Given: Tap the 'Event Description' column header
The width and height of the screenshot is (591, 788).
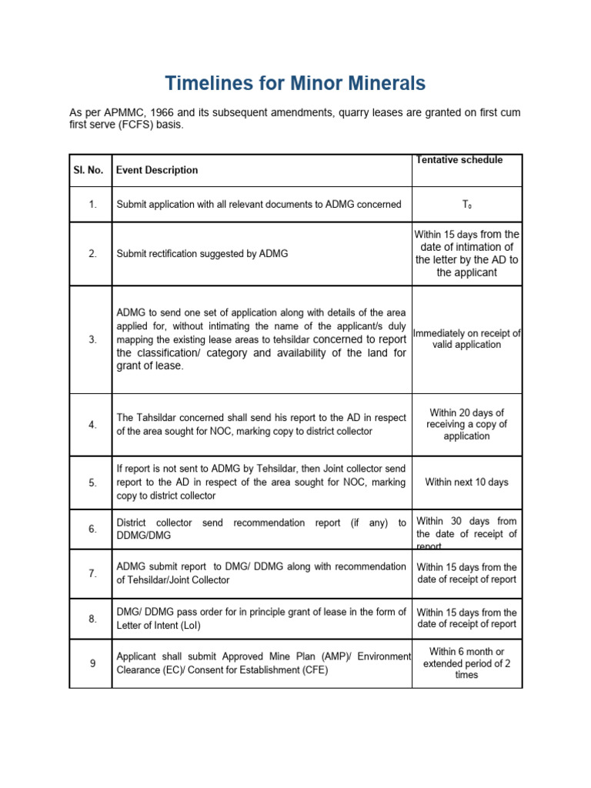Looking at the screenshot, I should [x=157, y=170].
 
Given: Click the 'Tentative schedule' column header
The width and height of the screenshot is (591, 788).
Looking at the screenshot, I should [x=459, y=160].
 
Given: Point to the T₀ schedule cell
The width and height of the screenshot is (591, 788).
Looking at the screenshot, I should [x=466, y=205].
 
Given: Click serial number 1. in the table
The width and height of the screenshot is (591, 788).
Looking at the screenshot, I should [x=92, y=205].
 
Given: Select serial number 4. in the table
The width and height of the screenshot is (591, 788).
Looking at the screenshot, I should [x=92, y=425].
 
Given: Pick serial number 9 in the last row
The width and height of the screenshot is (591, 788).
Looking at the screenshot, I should [x=92, y=663].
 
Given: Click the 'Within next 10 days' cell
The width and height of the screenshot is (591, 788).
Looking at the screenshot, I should [x=466, y=482].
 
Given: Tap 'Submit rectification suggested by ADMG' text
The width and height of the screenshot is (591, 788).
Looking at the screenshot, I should [x=202, y=253].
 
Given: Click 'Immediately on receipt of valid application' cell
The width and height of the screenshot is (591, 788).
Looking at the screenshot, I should [x=466, y=339].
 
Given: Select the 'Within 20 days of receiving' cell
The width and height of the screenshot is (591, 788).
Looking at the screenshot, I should [x=466, y=425].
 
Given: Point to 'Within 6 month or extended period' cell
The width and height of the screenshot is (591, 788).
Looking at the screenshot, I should [x=466, y=663].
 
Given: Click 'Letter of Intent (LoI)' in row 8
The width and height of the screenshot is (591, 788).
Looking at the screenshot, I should [x=159, y=626].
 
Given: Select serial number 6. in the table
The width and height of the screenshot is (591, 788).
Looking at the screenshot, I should [x=92, y=529].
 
